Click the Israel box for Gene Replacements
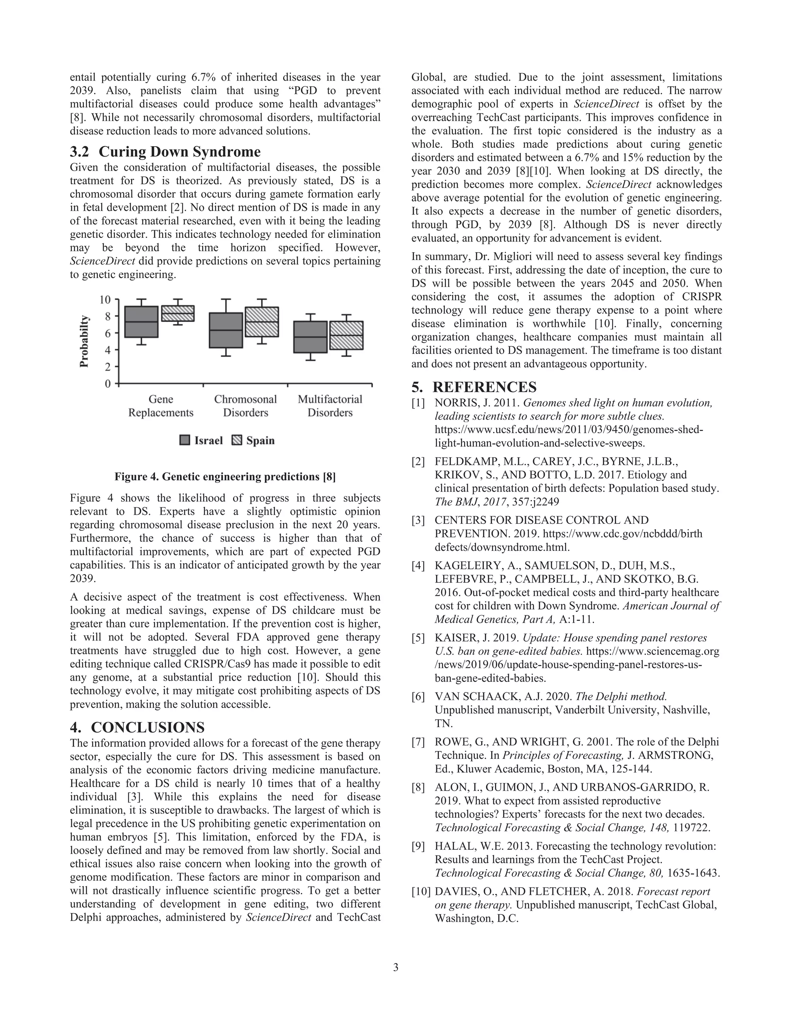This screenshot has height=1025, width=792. pyautogui.click(x=141, y=322)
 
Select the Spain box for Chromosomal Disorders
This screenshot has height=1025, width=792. pyautogui.click(x=262, y=322)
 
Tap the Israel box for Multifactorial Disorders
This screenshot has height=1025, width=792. pyautogui.click(x=310, y=337)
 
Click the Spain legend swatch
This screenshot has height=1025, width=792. pyautogui.click(x=237, y=440)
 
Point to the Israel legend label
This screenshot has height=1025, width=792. pyautogui.click(x=208, y=440)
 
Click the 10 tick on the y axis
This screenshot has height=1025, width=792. pyautogui.click(x=105, y=299)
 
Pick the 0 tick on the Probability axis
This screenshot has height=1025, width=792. pyautogui.click(x=108, y=384)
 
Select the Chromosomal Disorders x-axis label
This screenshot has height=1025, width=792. pyautogui.click(x=246, y=406)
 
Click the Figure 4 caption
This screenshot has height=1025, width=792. pyautogui.click(x=225, y=477)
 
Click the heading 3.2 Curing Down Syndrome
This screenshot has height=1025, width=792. pyautogui.click(x=165, y=152)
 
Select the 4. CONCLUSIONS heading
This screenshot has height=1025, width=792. pyautogui.click(x=137, y=728)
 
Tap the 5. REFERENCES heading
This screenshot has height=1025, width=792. pyautogui.click(x=474, y=387)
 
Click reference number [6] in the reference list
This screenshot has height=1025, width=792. pyautogui.click(x=418, y=697)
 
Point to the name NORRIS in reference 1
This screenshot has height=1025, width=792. pyautogui.click(x=456, y=403)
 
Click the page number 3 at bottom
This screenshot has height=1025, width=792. pyautogui.click(x=396, y=967)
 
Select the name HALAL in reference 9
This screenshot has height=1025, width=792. pyautogui.click(x=452, y=846)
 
